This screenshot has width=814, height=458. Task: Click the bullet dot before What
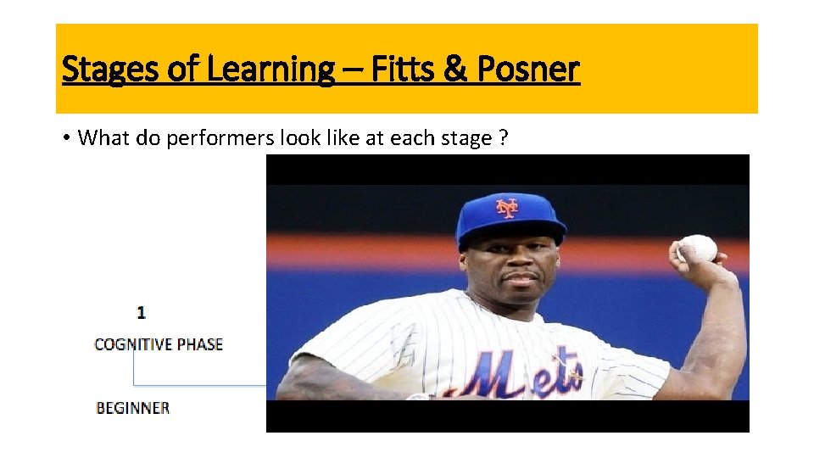pos(65,137)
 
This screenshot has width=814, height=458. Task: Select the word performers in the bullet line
pos(217,137)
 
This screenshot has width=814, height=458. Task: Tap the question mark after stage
pos(504,137)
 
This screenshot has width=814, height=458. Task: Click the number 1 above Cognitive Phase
pos(140,312)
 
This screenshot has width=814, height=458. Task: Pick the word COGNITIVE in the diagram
pos(133,344)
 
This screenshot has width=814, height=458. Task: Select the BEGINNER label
pos(133,408)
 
